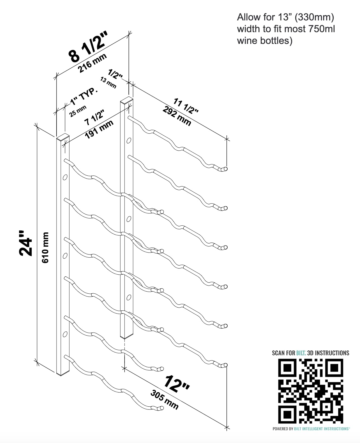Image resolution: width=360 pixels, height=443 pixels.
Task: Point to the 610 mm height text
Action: (45, 247)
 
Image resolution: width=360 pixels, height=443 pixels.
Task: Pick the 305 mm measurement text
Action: (165, 400)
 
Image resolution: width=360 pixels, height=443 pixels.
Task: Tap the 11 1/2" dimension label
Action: (186, 106)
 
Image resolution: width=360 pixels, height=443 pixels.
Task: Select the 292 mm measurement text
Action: (177, 116)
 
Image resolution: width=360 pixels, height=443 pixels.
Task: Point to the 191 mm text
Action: (99, 129)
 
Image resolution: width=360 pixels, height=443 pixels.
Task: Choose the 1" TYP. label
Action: (84, 97)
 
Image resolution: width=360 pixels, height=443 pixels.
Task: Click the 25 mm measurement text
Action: (78, 111)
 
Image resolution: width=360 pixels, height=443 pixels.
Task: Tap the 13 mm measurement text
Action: (108, 83)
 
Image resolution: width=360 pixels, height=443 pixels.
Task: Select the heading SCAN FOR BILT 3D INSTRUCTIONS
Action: (310, 353)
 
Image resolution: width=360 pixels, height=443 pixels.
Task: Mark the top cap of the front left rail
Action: (63, 137)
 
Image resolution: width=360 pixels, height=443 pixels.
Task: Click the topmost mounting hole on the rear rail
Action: (129, 140)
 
